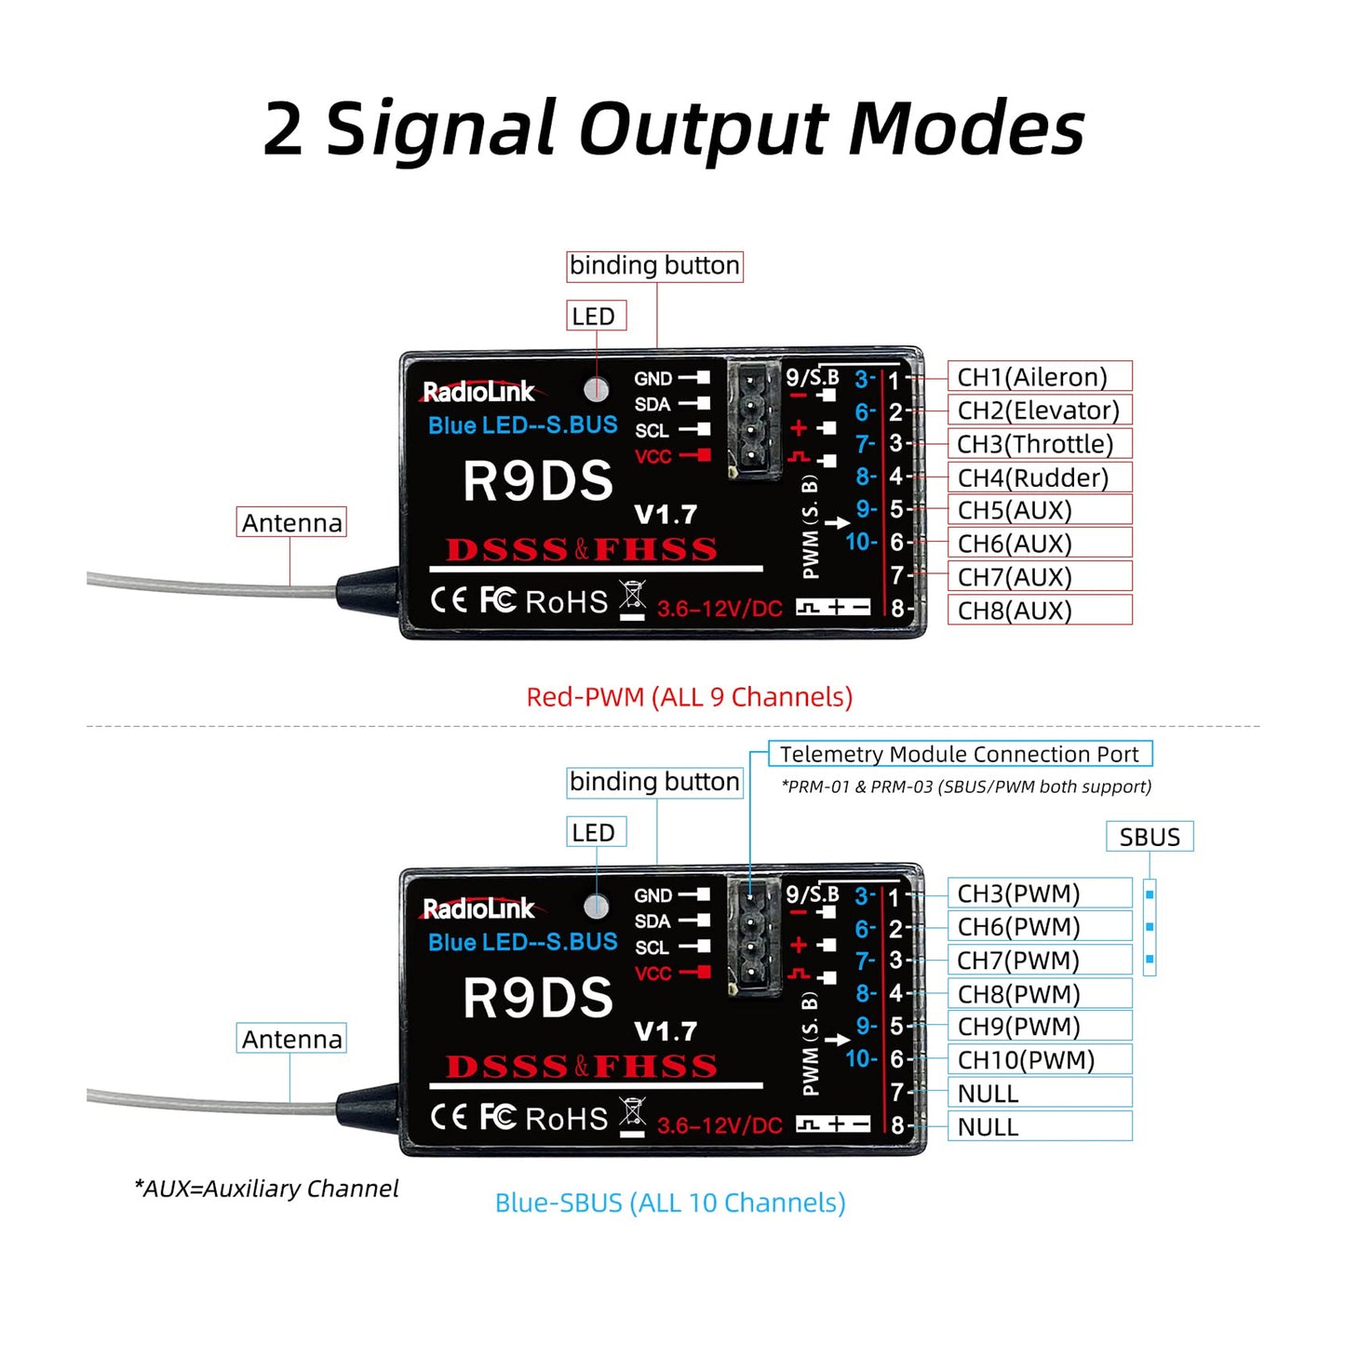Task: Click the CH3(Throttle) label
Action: (1035, 444)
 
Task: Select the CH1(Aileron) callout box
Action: (1038, 377)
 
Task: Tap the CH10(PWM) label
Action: (1026, 1060)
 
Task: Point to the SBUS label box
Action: (1150, 837)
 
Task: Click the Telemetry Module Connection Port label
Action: (959, 754)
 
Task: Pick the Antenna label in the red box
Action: (291, 523)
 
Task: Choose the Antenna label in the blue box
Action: (291, 1039)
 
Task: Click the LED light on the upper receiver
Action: (597, 389)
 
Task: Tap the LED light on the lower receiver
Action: (597, 906)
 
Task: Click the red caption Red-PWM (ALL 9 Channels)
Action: (689, 697)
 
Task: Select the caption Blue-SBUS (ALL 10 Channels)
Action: (670, 1203)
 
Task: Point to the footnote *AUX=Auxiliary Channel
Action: (266, 1189)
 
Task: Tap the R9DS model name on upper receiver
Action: (538, 481)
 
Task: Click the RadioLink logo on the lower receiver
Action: (479, 908)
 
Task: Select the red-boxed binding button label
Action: (654, 266)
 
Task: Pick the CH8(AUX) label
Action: (1015, 611)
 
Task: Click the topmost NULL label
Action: (988, 1094)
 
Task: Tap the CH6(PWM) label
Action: (1018, 927)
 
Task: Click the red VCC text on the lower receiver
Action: (652, 974)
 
